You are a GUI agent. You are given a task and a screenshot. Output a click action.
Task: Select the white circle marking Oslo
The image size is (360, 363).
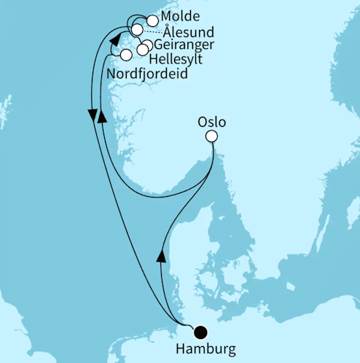coord(211,136)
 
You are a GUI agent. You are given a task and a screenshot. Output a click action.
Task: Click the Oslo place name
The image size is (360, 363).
coord(212,120)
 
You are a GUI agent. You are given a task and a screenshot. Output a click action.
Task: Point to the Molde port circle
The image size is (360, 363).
coord(152,21)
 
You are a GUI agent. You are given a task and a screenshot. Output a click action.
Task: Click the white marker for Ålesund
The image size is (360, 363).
coord(138,30)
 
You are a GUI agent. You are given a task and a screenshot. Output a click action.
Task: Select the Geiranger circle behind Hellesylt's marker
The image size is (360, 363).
coord(148,45)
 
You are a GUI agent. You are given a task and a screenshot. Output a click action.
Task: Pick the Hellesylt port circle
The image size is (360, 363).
coord(143,50)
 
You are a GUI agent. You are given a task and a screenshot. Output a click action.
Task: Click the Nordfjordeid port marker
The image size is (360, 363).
coord(125,55)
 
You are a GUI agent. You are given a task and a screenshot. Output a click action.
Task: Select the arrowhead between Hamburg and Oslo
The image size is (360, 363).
coord(161,254)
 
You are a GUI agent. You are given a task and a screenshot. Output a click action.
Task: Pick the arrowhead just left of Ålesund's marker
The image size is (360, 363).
coord(115,41)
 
